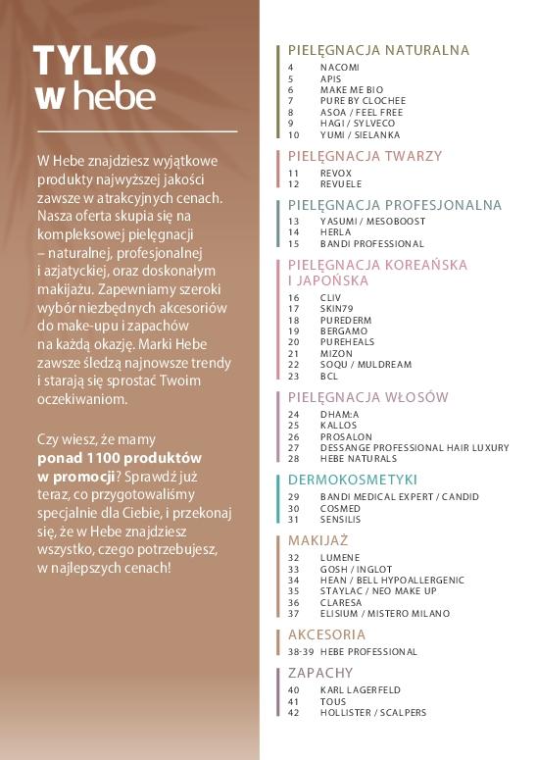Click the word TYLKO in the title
click(94, 60)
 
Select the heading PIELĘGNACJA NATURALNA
click(378, 50)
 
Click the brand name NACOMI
click(339, 67)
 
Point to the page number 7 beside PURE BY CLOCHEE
click(291, 101)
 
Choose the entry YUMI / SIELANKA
click(360, 135)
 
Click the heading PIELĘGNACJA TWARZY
click(365, 156)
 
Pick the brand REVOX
click(335, 173)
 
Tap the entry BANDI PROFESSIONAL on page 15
click(371, 243)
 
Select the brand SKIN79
click(336, 308)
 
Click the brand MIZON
click(335, 352)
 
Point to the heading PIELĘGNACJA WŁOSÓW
click(367, 397)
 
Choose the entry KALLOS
click(338, 425)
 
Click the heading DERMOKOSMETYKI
click(352, 480)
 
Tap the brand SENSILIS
click(341, 520)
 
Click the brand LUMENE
click(339, 557)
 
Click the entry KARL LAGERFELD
click(360, 690)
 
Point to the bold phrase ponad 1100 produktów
click(120, 458)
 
